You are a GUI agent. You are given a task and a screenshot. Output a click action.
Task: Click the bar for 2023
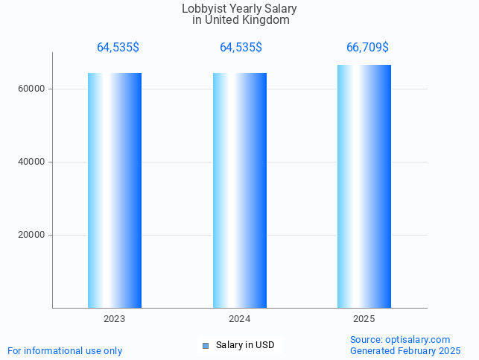(x=115, y=190)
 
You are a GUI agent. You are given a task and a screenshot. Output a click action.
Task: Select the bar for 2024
(x=240, y=190)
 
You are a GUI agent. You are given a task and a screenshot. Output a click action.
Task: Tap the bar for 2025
(x=364, y=186)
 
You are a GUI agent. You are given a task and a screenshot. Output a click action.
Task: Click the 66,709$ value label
(x=367, y=48)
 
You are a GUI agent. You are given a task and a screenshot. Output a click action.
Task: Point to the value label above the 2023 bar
(x=118, y=48)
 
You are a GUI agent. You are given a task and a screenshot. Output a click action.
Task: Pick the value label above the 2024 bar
(x=241, y=48)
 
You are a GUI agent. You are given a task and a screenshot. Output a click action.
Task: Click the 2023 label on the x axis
(x=115, y=318)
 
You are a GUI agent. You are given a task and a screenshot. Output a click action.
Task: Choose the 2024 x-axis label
(x=240, y=318)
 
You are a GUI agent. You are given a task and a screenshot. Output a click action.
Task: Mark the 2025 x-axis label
(x=364, y=318)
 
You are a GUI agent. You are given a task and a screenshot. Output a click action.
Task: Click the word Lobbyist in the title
(x=203, y=9)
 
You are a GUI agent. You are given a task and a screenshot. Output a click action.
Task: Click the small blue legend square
(x=206, y=345)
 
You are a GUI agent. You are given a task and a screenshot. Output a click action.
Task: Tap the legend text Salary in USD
(x=245, y=345)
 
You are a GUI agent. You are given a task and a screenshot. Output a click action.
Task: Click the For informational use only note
(x=65, y=350)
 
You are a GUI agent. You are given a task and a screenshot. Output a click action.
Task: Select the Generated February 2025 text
(x=405, y=350)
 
